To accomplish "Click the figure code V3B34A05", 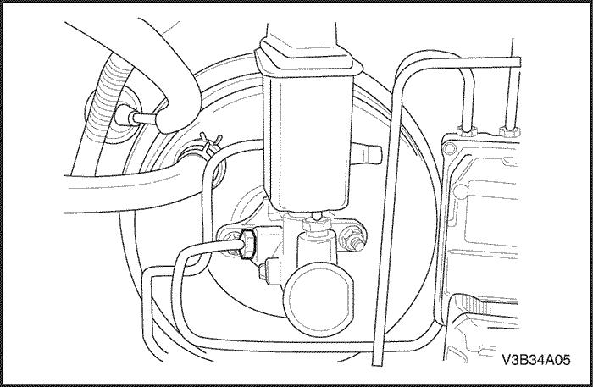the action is (536, 360).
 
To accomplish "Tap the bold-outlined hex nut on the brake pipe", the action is (247, 245).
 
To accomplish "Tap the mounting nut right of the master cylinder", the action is (353, 239).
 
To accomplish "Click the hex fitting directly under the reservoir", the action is (317, 224).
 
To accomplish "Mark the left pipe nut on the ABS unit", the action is (467, 131).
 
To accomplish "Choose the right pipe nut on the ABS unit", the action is (509, 131).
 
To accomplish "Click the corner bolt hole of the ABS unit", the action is (449, 148).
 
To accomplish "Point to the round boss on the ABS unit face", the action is (460, 191).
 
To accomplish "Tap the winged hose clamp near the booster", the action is (208, 145).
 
